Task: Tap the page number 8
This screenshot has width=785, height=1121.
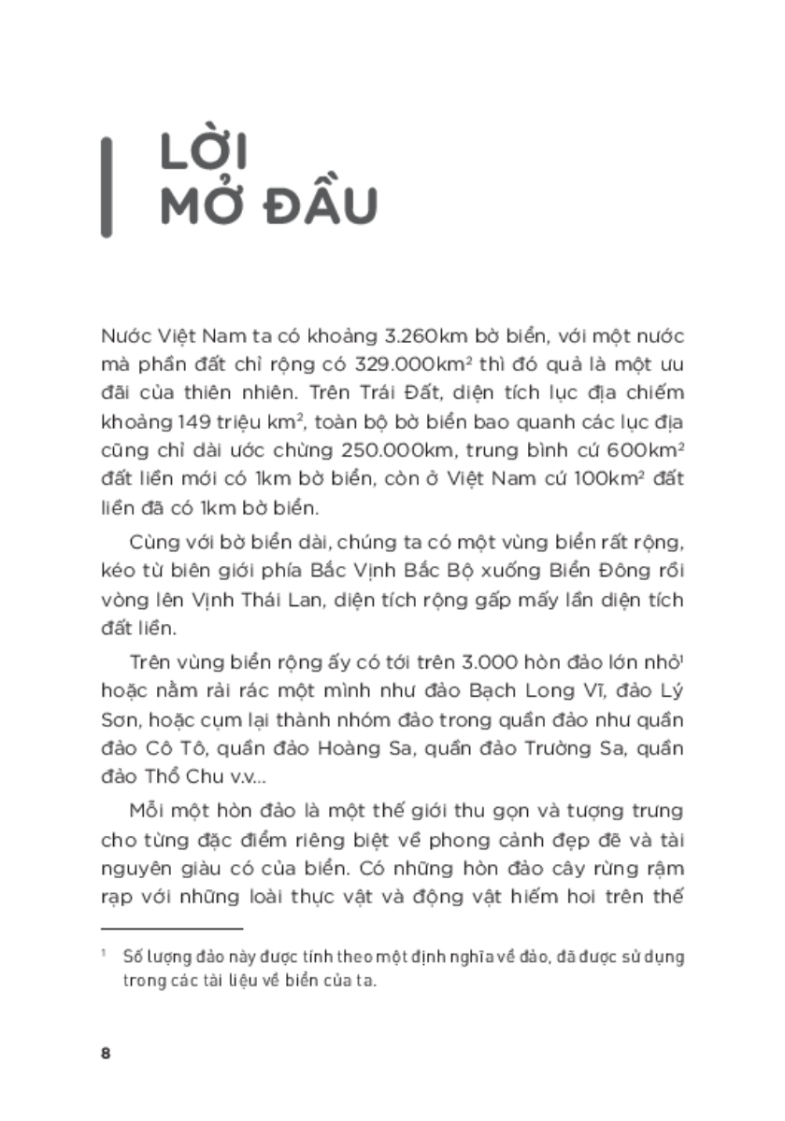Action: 105,1053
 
